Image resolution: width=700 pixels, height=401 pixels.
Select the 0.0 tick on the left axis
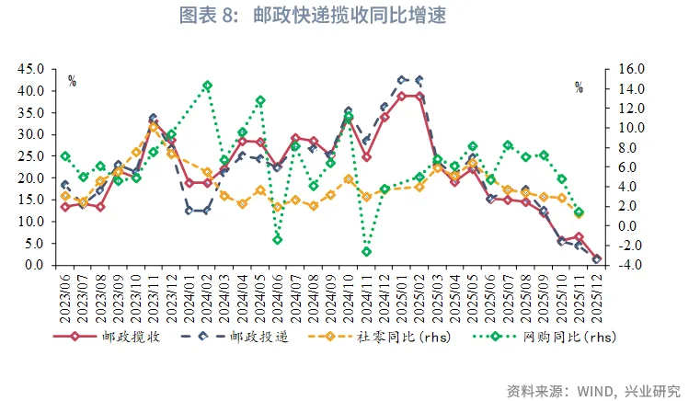point(37,265)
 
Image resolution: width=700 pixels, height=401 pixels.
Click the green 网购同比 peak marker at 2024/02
point(207,86)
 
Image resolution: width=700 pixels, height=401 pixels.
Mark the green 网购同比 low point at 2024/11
point(366,251)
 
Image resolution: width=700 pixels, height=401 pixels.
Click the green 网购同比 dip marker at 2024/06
point(278,239)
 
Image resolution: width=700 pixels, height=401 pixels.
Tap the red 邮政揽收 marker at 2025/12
point(597,259)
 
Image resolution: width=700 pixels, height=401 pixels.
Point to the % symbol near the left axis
point(72,82)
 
